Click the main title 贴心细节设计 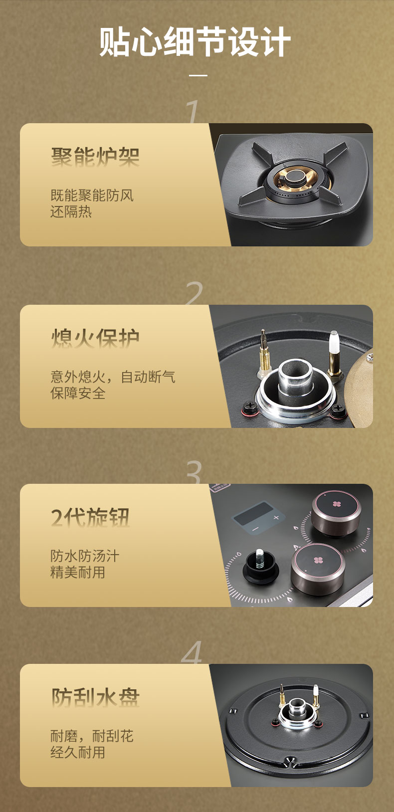pyautogui.click(x=195, y=42)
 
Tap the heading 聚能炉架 pyautogui.click(x=95, y=157)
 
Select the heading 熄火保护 pyautogui.click(x=95, y=338)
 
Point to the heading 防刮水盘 pyautogui.click(x=95, y=697)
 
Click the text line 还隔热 pyautogui.click(x=71, y=211)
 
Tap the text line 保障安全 pyautogui.click(x=78, y=393)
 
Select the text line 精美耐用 pyautogui.click(x=78, y=573)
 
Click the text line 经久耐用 pyautogui.click(x=78, y=752)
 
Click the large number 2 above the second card pyautogui.click(x=194, y=293)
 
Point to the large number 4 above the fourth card pyautogui.click(x=192, y=652)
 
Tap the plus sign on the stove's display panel pyautogui.click(x=276, y=517)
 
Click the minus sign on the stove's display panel pyautogui.click(x=255, y=529)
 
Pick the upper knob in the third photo pyautogui.click(x=336, y=513)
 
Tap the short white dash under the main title pyautogui.click(x=198, y=75)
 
